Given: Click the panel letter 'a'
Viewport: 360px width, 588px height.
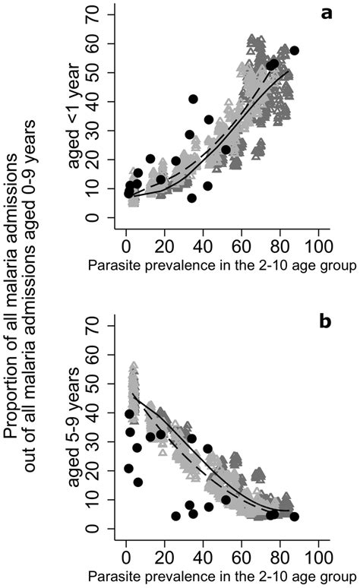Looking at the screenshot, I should (329, 13).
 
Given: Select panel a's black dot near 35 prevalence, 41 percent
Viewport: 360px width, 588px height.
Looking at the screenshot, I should (193, 100).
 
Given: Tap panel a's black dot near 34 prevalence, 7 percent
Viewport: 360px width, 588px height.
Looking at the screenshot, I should (191, 198).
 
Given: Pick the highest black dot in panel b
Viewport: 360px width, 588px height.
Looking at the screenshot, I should (129, 414).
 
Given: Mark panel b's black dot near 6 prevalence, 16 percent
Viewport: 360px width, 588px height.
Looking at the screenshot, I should (138, 482).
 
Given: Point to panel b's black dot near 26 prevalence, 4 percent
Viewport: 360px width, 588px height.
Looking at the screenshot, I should (176, 517).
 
